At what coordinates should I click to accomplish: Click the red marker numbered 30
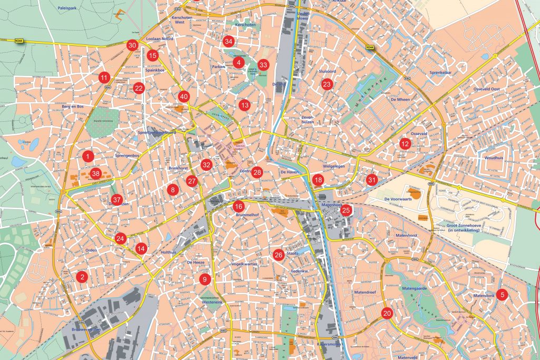(x=132, y=45)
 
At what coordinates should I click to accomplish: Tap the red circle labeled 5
(x=502, y=295)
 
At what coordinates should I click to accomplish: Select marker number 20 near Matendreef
(x=387, y=313)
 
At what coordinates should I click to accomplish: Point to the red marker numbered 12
(x=404, y=144)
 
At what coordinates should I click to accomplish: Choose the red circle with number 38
(x=95, y=173)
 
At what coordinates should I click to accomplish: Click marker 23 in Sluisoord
(x=327, y=84)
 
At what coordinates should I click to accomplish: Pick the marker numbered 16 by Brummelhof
(x=238, y=207)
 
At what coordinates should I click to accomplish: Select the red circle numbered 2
(x=81, y=276)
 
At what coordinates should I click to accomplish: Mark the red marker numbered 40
(x=184, y=97)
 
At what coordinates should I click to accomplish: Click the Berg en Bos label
(x=73, y=106)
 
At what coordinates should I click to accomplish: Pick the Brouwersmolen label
(x=86, y=330)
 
